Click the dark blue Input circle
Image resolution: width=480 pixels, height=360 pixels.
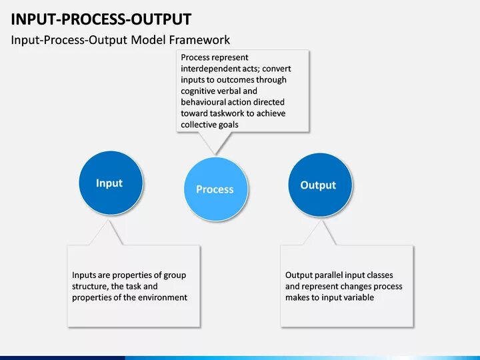pyautogui.click(x=109, y=183)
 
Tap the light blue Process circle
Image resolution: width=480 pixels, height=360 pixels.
pyautogui.click(x=215, y=189)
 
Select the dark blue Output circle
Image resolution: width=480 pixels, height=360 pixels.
pyautogui.click(x=318, y=185)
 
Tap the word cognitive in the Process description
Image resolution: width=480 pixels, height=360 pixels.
pyautogui.click(x=198, y=91)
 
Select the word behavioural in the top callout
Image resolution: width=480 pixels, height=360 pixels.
pyautogui.click(x=203, y=102)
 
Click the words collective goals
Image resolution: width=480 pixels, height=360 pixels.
pyautogui.click(x=209, y=125)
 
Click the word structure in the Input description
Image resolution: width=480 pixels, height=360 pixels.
pyautogui.click(x=89, y=286)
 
